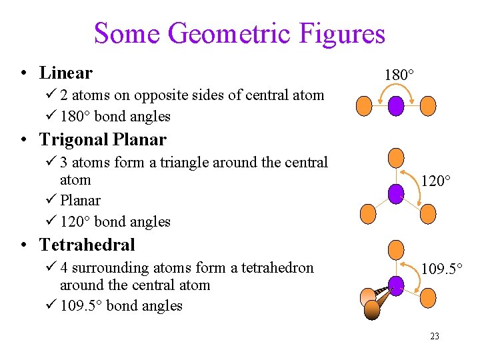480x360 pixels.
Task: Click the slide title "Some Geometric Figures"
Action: [239, 33]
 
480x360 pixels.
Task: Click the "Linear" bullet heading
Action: [65, 72]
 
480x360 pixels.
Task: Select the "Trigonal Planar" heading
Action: [102, 139]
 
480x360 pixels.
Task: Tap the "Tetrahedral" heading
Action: [87, 245]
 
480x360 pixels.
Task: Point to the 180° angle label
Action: [399, 75]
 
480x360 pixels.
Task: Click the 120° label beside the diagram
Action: [435, 181]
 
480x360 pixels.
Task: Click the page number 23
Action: [435, 337]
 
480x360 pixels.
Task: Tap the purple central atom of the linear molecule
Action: [397, 105]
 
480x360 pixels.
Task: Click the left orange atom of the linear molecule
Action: [363, 105]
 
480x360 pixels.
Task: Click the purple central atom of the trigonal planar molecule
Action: [397, 193]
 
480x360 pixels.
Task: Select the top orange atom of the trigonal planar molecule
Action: [396, 157]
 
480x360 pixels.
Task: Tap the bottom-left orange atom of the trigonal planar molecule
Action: [367, 213]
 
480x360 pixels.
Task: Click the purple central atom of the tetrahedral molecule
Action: [397, 285]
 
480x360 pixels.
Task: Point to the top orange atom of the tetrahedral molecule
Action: [396, 249]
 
